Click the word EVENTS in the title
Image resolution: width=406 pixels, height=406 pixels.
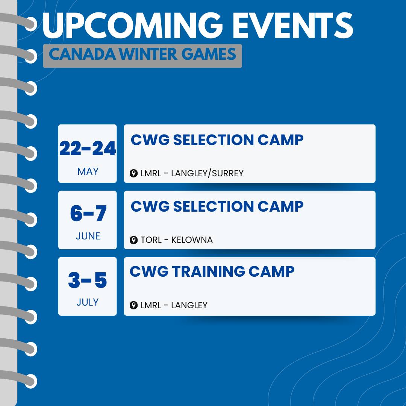coord(293,25)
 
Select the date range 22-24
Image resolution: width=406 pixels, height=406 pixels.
coord(88,148)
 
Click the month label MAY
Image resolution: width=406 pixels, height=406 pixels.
coord(88,171)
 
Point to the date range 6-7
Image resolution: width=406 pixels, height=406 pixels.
coord(88,214)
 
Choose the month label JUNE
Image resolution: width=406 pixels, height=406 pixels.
coord(88,236)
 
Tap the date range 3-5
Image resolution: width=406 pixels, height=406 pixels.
coord(88,280)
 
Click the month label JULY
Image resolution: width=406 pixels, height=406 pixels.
coord(88,302)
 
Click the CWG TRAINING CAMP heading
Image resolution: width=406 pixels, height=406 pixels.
coord(212,271)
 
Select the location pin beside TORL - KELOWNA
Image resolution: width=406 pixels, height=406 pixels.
coord(133,240)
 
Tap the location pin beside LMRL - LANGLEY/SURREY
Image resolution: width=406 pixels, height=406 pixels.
coord(133,173)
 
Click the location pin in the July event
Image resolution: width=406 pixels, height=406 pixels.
coord(133,305)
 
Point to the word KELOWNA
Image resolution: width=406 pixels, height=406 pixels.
coord(192,240)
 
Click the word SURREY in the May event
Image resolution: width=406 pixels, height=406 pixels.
coord(227,173)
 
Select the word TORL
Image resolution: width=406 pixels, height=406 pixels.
coord(151,240)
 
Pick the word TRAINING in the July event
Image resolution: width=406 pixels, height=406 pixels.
coord(208,271)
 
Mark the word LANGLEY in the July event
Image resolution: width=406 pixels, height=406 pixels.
coord(189,305)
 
